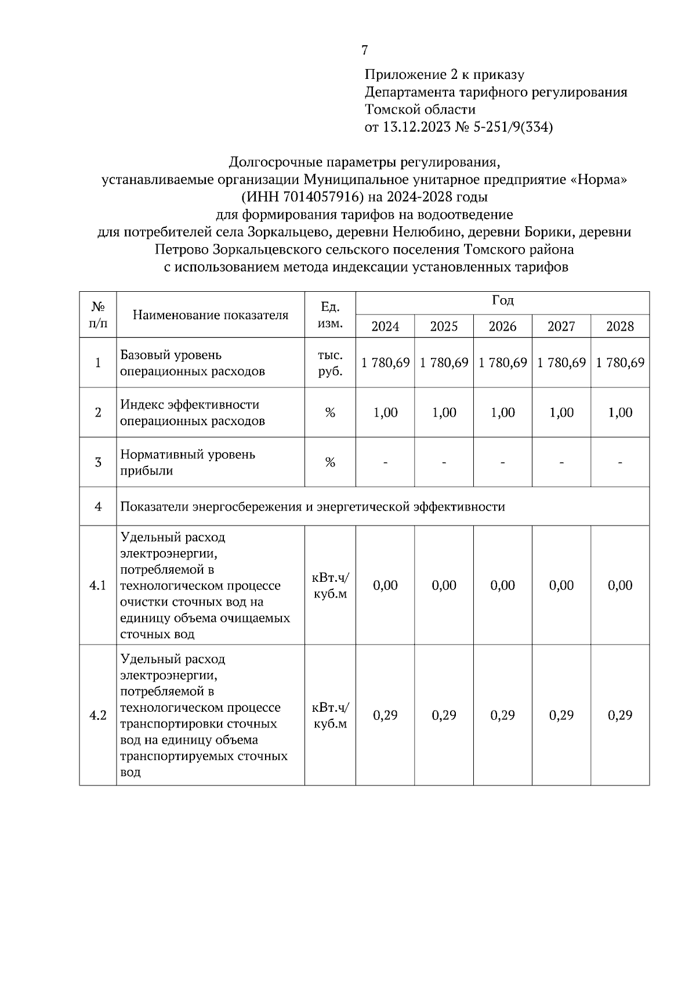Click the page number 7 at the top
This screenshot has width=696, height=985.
(364, 50)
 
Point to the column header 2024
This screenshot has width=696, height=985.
(385, 326)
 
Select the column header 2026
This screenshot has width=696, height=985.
(502, 326)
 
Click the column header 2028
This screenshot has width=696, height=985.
(620, 326)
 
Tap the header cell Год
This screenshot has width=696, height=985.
(502, 301)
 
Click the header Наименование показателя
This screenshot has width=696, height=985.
(211, 315)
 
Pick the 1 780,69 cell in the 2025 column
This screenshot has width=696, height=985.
(444, 363)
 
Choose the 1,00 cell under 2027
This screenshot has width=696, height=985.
(561, 412)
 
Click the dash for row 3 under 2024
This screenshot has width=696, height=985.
(385, 462)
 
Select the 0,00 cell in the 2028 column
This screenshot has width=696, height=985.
(620, 585)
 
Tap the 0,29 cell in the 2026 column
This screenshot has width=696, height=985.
(502, 715)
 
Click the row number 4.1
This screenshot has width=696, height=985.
(97, 585)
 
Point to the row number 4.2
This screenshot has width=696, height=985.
(97, 715)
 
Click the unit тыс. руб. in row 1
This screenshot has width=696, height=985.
(330, 363)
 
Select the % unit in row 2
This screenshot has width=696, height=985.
(330, 412)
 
